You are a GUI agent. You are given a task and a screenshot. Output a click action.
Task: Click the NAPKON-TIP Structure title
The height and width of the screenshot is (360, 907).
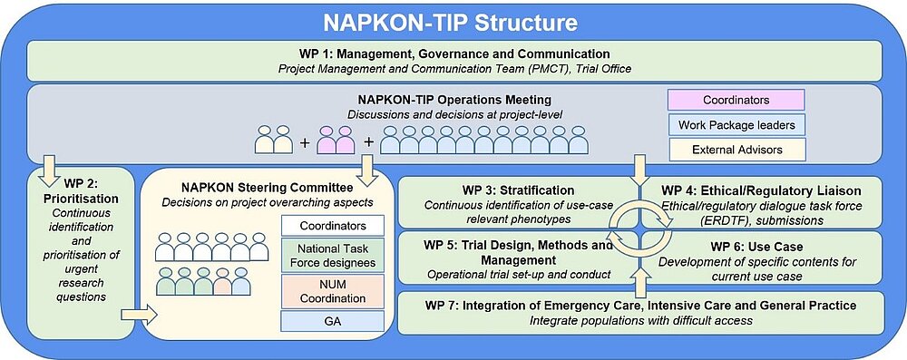[450, 22]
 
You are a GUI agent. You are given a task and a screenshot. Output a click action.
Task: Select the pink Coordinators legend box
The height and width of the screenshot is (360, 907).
[736, 100]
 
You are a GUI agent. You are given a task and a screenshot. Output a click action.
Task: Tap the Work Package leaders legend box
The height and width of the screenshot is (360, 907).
[736, 124]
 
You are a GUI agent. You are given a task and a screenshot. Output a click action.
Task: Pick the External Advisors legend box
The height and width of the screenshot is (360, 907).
[736, 150]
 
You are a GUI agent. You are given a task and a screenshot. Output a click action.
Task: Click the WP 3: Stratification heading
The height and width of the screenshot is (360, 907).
[518, 190]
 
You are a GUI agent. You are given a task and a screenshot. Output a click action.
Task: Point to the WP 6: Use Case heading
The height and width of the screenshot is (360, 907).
[756, 247]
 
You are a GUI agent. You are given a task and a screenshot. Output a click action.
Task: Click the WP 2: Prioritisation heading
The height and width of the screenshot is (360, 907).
[81, 191]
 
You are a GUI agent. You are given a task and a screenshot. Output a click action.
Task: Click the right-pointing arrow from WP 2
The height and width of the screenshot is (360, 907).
[140, 315]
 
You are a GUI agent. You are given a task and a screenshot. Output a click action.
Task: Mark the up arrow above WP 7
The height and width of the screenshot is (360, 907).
[639, 280]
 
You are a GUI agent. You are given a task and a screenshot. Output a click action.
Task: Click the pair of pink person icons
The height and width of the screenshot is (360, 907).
[336, 140]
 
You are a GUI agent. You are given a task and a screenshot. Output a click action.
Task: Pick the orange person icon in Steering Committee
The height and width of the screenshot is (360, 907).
[222, 281]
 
